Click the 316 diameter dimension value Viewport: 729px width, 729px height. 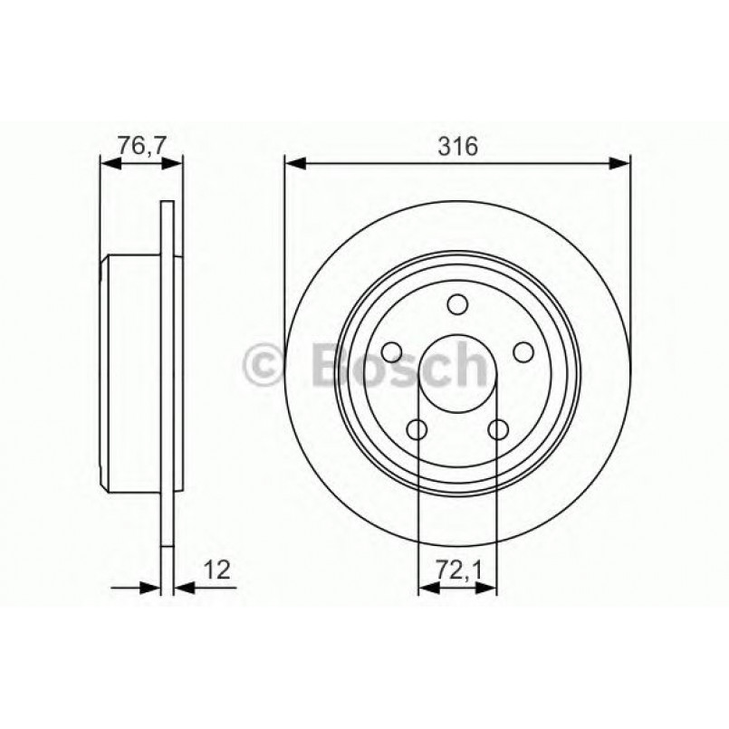pos(457,145)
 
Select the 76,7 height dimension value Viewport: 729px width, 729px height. pos(139,145)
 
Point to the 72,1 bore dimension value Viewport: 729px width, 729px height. pos(456,570)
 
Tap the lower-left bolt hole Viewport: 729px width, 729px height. pos(417,428)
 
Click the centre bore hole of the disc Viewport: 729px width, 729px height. pos(457,373)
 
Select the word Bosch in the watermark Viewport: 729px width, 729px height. pos(398,364)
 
